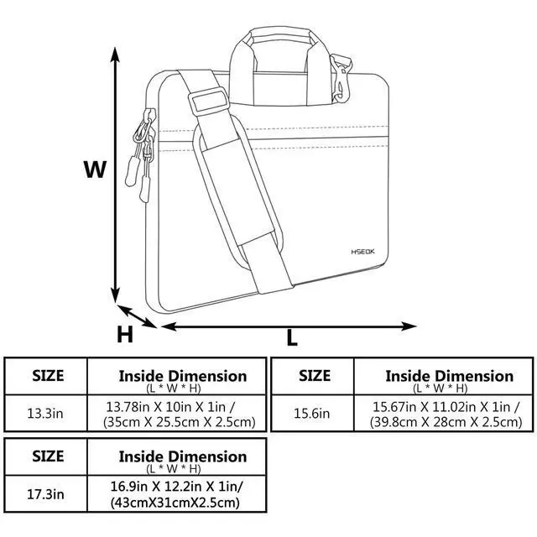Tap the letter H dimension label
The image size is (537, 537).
point(124,335)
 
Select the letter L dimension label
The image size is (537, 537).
point(292,338)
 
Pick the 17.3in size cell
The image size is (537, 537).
point(46,496)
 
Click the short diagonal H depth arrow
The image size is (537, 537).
point(137,315)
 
